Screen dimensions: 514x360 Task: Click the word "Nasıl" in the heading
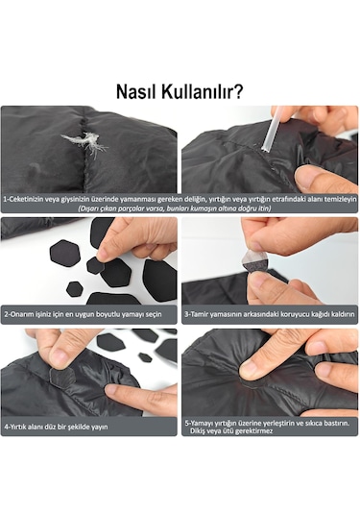pyautogui.click(x=140, y=92)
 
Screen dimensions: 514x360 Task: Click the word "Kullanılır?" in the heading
pyautogui.click(x=204, y=92)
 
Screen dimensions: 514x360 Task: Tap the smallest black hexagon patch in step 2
pyautogui.click(x=74, y=288)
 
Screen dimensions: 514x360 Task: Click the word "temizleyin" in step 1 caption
pyautogui.click(x=336, y=198)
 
